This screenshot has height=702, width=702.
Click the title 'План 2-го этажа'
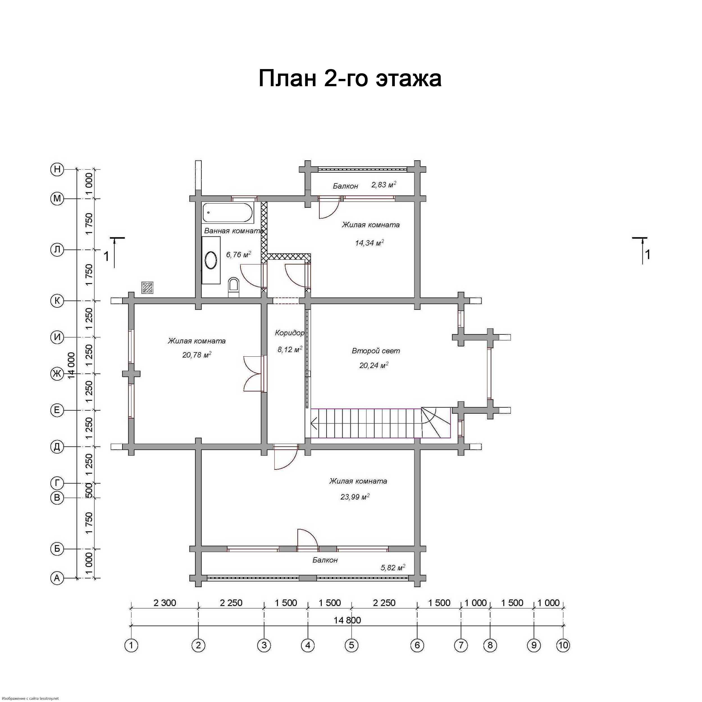(x=350, y=78)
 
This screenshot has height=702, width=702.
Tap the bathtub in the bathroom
(x=228, y=213)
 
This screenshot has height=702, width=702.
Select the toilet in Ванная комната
(x=234, y=288)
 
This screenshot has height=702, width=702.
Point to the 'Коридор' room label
(x=289, y=333)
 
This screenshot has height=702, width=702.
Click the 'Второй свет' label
(x=376, y=351)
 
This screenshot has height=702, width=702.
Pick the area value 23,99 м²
(x=355, y=497)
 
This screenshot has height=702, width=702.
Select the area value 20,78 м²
(x=197, y=355)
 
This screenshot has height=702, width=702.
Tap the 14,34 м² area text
(x=370, y=243)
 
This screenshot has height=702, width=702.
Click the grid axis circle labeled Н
(x=57, y=169)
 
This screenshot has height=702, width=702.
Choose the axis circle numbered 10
(x=563, y=645)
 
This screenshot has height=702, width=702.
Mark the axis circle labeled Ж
(x=57, y=374)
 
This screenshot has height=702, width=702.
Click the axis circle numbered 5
(x=351, y=645)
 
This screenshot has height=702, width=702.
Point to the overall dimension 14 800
(x=347, y=620)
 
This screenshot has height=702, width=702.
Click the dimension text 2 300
(x=165, y=603)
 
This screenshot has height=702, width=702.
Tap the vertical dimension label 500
(x=89, y=490)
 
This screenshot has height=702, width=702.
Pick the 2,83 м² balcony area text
(x=384, y=184)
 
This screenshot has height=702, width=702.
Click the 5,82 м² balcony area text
(x=393, y=567)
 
